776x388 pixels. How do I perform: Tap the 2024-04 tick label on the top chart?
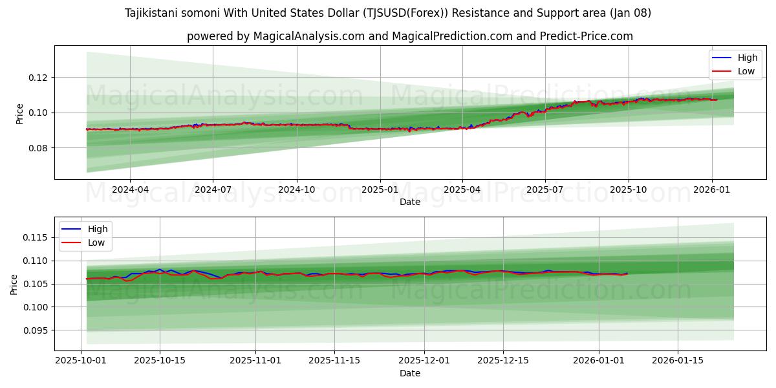tap(130, 189)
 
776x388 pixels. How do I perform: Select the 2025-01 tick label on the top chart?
tap(380, 189)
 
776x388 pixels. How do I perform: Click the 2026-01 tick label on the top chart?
tap(711, 189)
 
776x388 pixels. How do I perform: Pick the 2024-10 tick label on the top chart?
tap(297, 189)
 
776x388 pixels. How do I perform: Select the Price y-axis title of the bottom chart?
tap(14, 284)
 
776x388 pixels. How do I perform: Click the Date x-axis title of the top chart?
tap(410, 202)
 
